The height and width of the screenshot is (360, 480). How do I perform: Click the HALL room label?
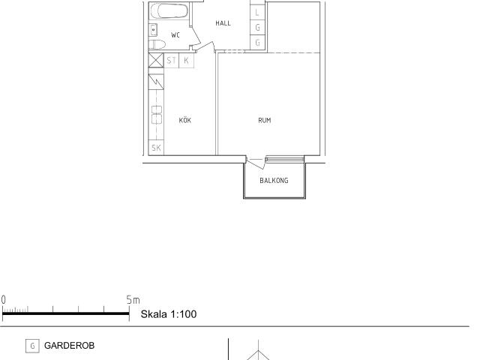click(x=223, y=23)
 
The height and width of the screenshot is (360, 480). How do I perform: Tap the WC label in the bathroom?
click(x=175, y=35)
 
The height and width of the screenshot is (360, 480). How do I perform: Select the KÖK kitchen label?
click(x=185, y=120)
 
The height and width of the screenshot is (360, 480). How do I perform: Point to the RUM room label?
click(x=265, y=120)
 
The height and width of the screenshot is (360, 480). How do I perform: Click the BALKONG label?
click(x=274, y=181)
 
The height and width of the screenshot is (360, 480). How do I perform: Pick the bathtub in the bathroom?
click(x=169, y=11)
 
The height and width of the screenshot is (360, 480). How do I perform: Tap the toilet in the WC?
click(x=157, y=45)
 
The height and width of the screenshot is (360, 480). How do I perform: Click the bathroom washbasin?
click(x=153, y=30)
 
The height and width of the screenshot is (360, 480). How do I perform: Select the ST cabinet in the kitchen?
click(x=172, y=60)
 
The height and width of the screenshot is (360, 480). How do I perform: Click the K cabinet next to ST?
click(x=186, y=60)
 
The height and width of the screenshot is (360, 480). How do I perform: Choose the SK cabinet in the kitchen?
click(x=156, y=148)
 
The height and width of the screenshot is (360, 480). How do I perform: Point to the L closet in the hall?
click(x=257, y=13)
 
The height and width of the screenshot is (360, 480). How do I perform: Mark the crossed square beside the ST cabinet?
click(x=156, y=60)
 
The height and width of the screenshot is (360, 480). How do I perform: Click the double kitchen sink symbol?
click(x=157, y=114)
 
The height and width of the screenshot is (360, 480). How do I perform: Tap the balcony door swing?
click(x=256, y=163)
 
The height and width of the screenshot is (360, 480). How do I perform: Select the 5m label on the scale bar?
click(x=133, y=300)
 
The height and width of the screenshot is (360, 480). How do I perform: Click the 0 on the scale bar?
click(x=3, y=300)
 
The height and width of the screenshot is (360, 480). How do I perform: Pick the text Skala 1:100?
click(x=169, y=314)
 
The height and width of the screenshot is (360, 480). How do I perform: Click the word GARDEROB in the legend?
click(x=70, y=346)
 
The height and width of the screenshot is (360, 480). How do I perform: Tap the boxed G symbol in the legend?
click(x=32, y=346)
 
